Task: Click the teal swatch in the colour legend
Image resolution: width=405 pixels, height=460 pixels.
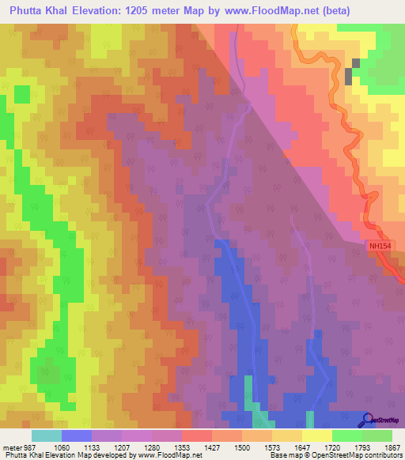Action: pyautogui.click(x=47, y=435)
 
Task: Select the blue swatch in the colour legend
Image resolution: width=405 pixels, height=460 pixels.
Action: pyautogui.click(x=77, y=435)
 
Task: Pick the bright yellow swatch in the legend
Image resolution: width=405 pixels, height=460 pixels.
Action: pyautogui.click(x=317, y=435)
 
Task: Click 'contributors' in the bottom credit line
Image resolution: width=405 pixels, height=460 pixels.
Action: pyautogui.click(x=382, y=454)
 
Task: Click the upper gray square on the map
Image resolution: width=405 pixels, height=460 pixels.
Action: pyautogui.click(x=355, y=62)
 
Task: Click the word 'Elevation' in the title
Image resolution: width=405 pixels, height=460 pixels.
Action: pyautogui.click(x=100, y=12)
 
